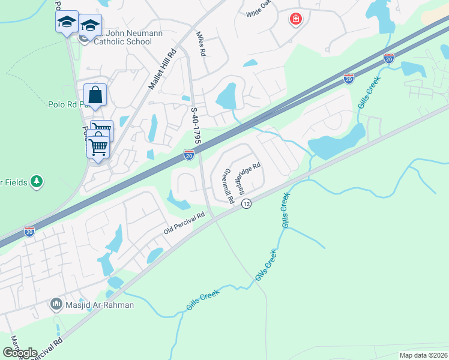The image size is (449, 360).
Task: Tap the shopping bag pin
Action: (x=95, y=95)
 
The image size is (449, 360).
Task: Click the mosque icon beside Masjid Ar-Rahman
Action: (x=57, y=305)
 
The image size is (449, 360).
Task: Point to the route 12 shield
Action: (x=246, y=205)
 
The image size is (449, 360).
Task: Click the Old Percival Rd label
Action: (x=185, y=223)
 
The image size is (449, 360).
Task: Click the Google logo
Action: (x=20, y=353)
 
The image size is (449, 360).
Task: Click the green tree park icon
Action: (x=37, y=181)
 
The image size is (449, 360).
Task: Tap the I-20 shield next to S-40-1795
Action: (x=189, y=155)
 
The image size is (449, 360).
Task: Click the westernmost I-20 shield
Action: (x=29, y=231)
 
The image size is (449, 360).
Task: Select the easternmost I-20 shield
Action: (x=388, y=58)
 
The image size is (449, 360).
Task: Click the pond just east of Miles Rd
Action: (x=226, y=95)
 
